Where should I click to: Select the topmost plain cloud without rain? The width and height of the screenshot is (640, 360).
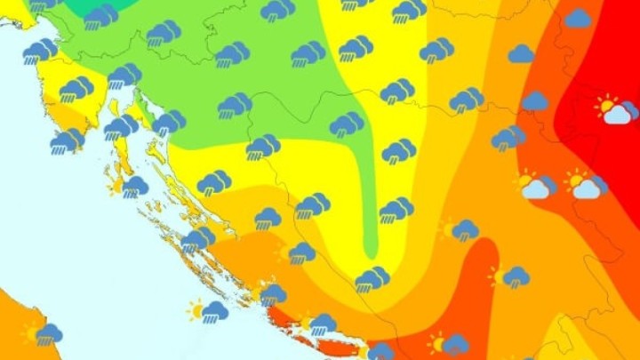578,18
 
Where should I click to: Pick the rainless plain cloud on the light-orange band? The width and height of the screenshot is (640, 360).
522,54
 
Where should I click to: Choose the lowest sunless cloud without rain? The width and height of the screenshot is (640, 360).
535,101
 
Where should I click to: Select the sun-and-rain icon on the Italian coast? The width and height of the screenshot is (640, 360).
44,333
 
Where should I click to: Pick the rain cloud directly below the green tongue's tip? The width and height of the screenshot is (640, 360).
372,280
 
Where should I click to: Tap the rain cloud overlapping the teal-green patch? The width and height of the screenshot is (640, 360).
100,16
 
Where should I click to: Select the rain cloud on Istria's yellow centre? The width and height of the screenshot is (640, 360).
76,89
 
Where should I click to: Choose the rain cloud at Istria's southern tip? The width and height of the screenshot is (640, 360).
67,140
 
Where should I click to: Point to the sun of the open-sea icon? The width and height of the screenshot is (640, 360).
195,310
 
